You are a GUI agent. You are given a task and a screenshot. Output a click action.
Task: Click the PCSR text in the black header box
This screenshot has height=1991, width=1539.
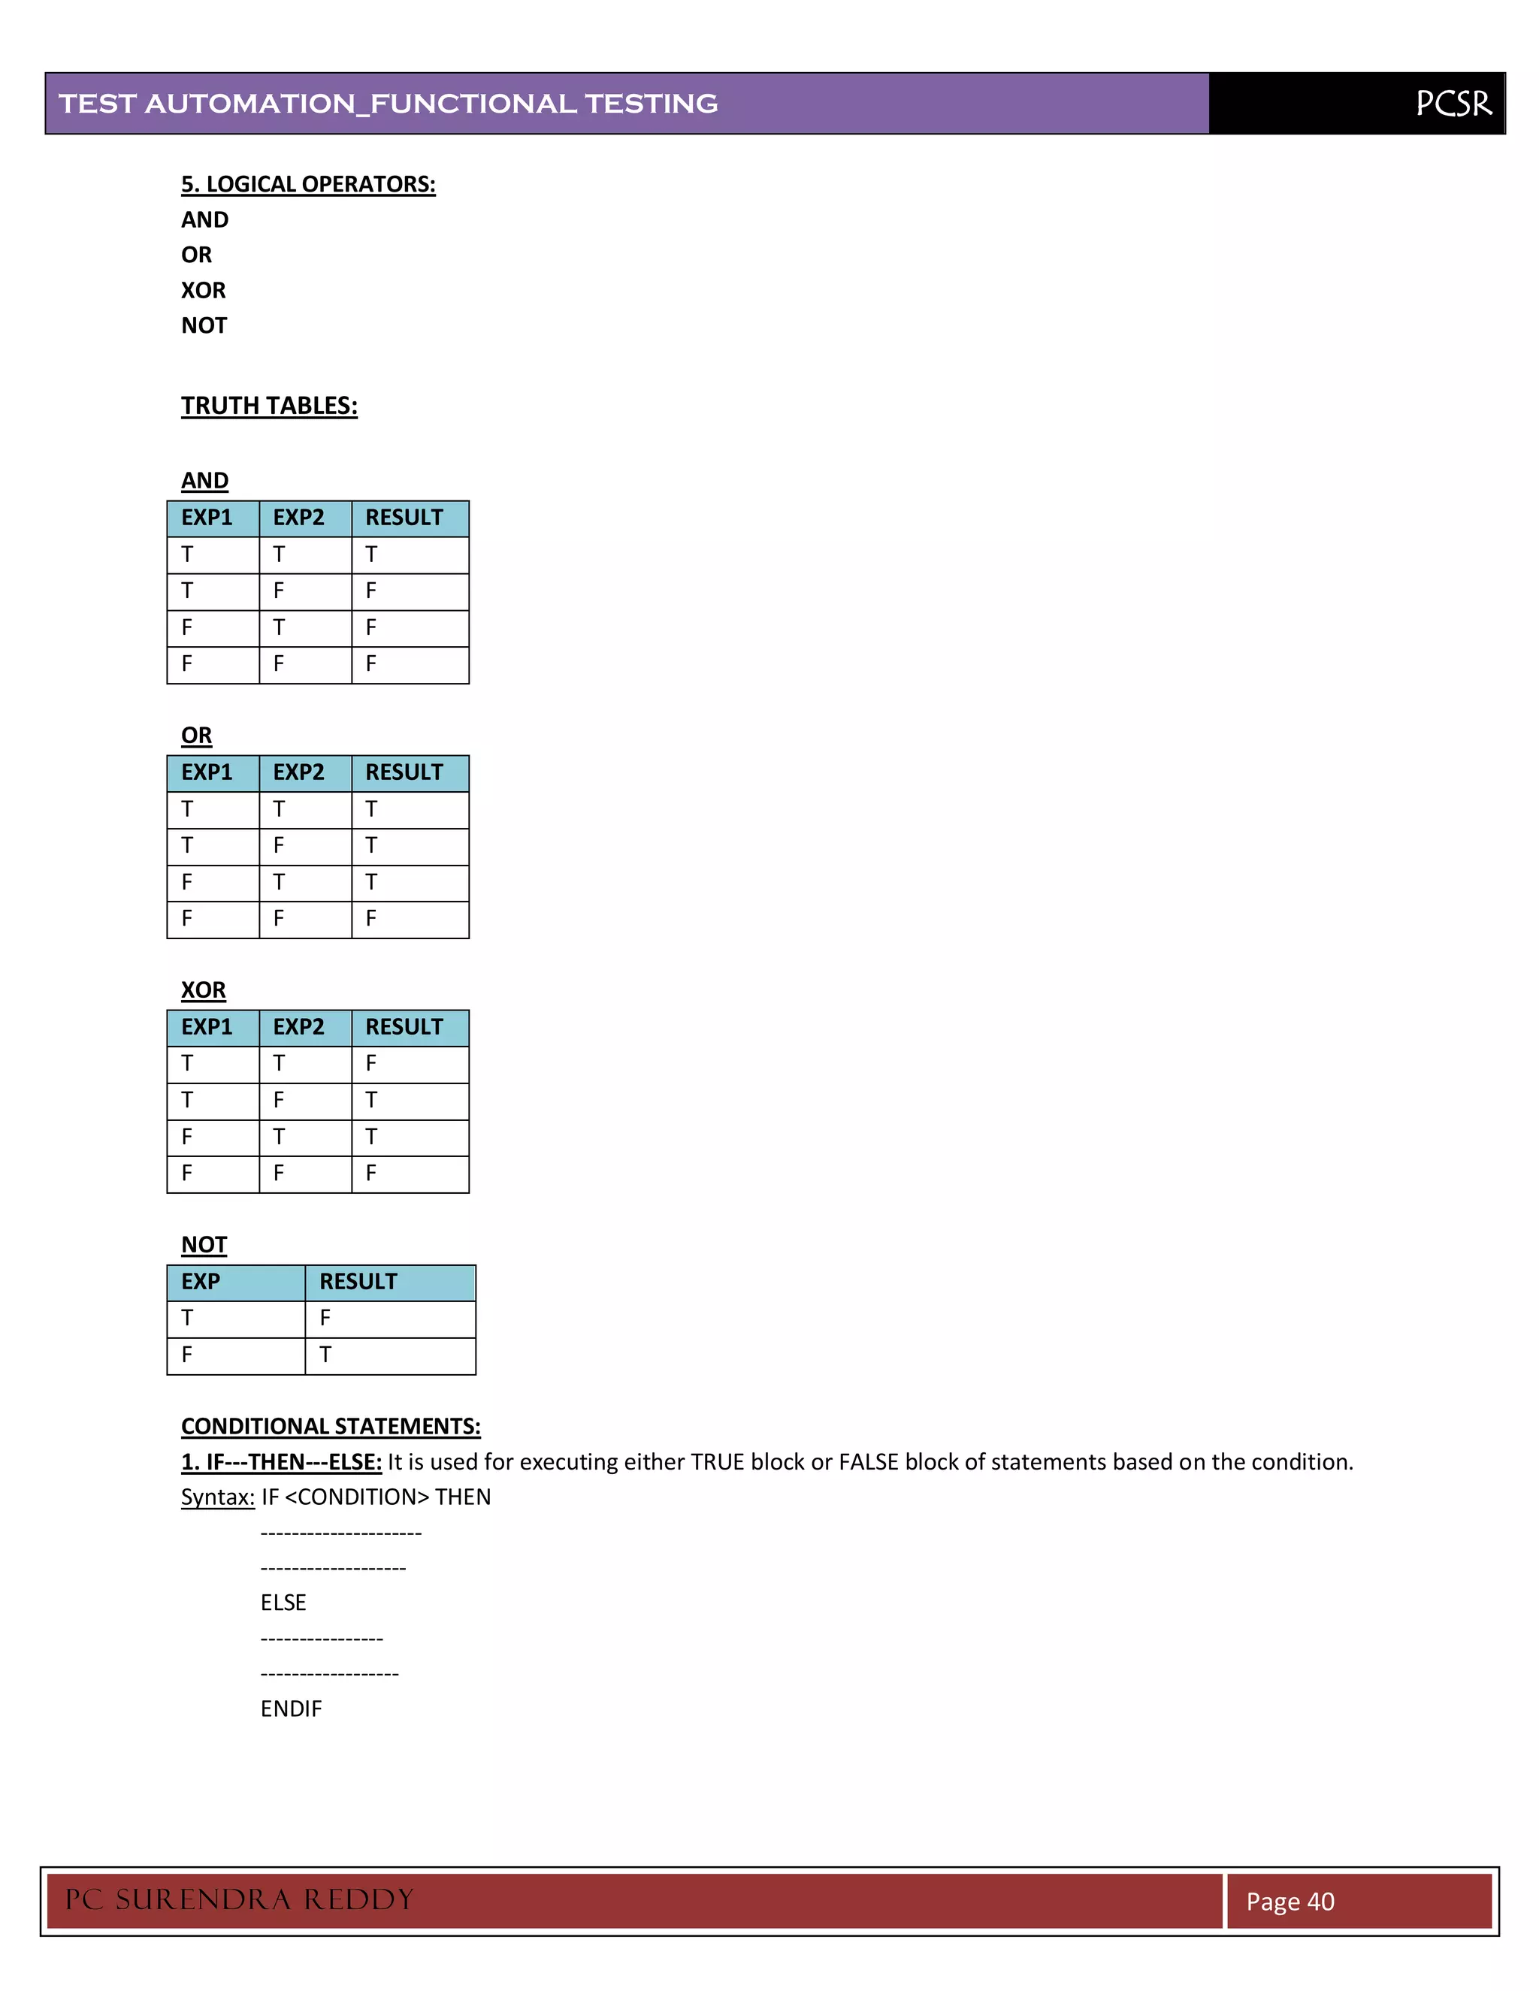1453,103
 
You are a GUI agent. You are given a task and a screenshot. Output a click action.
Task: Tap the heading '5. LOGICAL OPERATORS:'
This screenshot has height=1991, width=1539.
308,184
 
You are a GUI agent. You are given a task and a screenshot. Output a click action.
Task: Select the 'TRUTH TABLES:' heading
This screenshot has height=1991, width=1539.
269,406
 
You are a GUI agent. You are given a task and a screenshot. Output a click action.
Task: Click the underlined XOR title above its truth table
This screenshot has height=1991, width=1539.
204,990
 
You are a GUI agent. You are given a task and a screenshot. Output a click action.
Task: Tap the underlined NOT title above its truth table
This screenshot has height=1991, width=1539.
204,1244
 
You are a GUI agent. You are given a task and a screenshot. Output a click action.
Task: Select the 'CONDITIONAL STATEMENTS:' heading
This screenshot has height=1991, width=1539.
331,1426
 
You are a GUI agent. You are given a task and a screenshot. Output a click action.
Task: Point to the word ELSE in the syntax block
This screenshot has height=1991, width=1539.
283,1603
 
